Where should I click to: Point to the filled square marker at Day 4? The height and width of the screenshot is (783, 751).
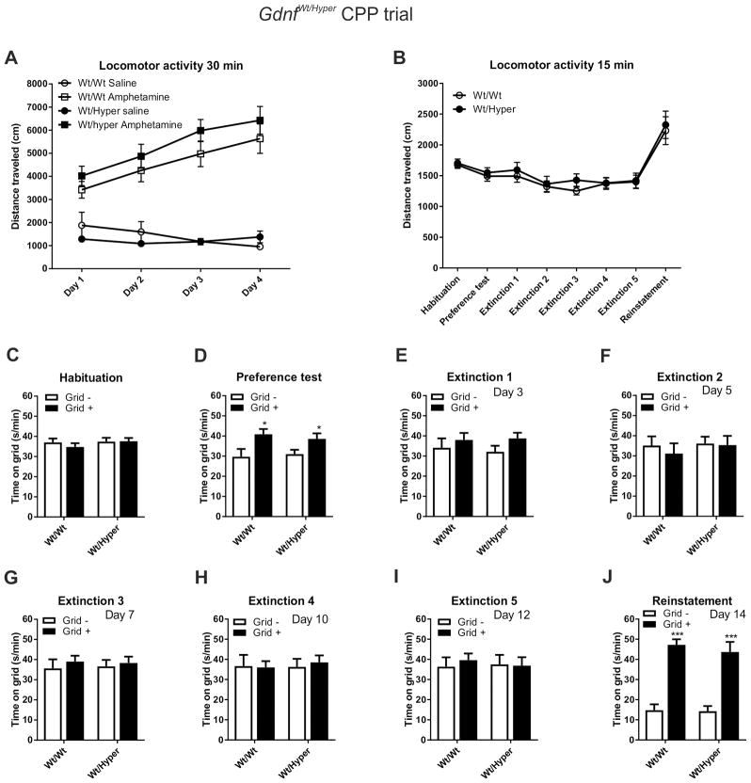tap(260, 120)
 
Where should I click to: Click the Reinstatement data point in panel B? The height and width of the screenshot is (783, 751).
tap(664, 125)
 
